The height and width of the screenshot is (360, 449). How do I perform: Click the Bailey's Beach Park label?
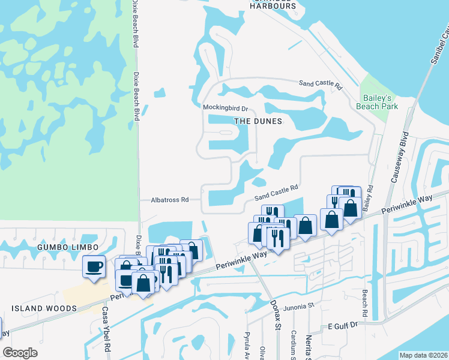[x=378, y=101]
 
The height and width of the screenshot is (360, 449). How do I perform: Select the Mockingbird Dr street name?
[x=225, y=107]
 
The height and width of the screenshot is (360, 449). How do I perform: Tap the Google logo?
[x=20, y=353]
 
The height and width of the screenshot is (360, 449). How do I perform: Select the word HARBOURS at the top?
[x=273, y=6]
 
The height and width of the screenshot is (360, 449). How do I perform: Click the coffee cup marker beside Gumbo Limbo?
[x=94, y=266]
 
